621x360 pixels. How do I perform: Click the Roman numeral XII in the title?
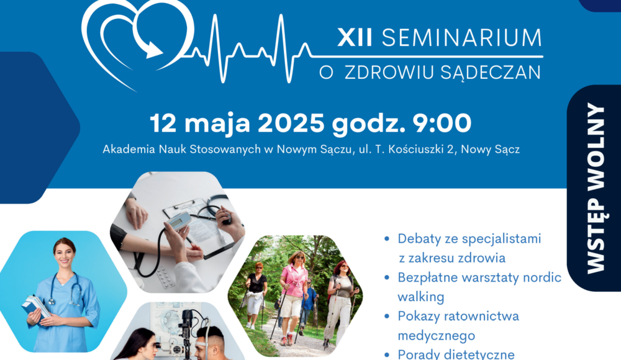coord(355,38)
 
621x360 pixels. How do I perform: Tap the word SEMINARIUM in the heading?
coord(461,38)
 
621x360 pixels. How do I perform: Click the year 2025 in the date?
coord(291,123)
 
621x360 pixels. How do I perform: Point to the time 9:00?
coord(442,123)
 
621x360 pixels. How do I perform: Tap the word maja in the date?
coord(217,124)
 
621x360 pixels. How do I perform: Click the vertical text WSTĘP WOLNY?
coord(596,188)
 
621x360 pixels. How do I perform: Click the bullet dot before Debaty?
coord(387,239)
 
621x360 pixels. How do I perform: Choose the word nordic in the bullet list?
coord(542,277)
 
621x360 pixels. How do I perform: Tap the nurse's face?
coord(65,253)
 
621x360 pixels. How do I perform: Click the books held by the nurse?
coord(35,308)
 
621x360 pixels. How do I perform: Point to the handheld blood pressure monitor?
coord(178,221)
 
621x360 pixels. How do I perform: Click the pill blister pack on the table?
coord(165,277)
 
